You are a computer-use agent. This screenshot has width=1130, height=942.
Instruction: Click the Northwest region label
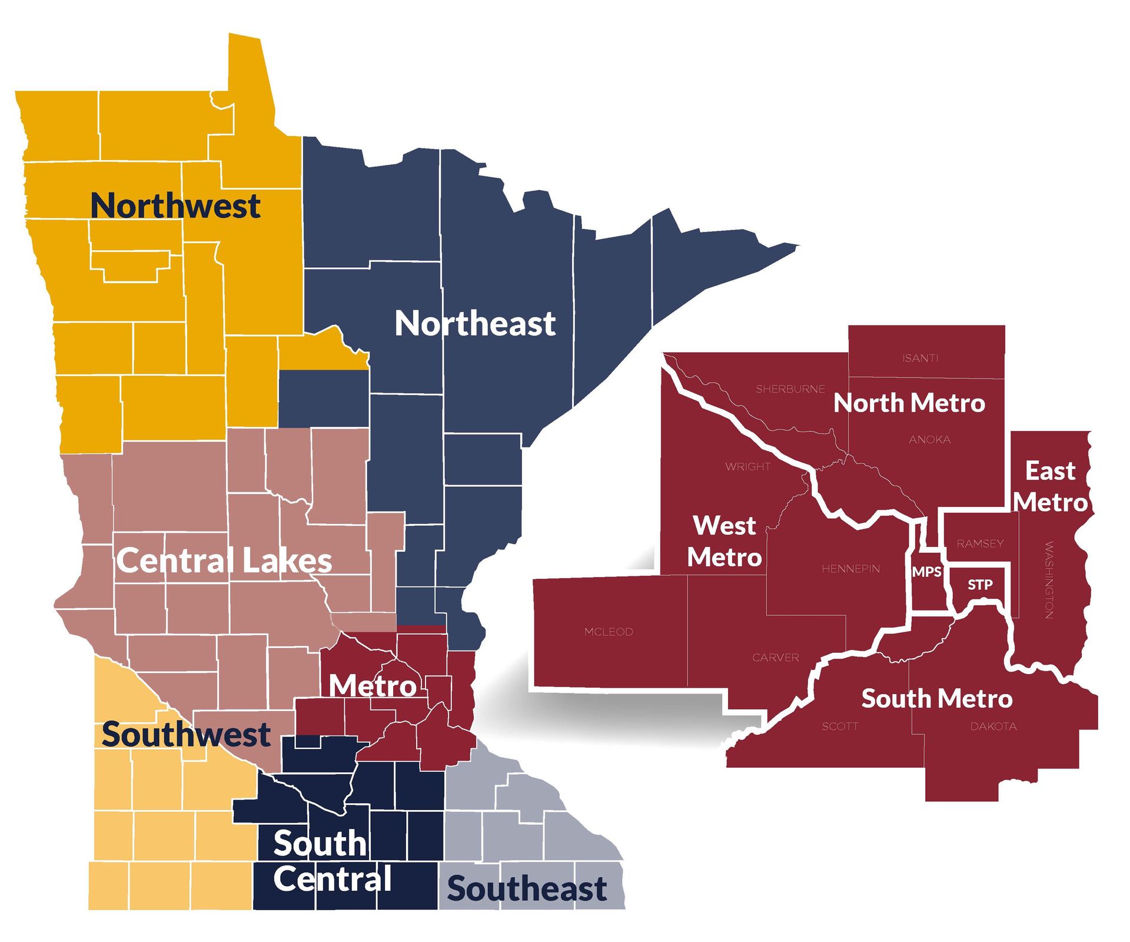click(175, 206)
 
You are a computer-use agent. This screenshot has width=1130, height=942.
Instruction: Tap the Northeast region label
click(475, 324)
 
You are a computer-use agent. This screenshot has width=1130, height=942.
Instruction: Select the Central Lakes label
click(224, 560)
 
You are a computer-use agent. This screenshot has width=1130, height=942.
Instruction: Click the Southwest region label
click(186, 734)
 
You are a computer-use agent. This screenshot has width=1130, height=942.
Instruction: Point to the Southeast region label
click(527, 888)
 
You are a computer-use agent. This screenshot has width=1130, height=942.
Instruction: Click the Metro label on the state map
click(373, 686)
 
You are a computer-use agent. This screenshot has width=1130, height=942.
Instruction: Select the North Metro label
click(909, 403)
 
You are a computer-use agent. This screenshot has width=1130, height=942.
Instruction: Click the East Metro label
click(1051, 487)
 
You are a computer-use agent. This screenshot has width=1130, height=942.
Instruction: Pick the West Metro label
click(724, 541)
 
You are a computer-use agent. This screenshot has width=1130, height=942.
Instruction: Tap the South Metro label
click(937, 699)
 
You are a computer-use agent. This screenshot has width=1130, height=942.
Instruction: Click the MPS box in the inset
click(927, 572)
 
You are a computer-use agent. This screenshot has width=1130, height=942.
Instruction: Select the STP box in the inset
click(980, 585)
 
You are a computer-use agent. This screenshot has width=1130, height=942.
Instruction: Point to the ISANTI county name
click(920, 358)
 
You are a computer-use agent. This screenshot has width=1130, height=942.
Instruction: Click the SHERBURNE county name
click(790, 389)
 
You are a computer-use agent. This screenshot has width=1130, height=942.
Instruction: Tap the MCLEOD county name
click(609, 632)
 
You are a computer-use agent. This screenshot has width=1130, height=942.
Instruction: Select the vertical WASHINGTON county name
click(1049, 580)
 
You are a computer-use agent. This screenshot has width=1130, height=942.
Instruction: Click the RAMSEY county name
click(980, 543)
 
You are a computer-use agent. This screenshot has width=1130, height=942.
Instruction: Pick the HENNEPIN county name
click(850, 569)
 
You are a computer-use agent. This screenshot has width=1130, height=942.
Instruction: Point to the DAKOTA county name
click(993, 727)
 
